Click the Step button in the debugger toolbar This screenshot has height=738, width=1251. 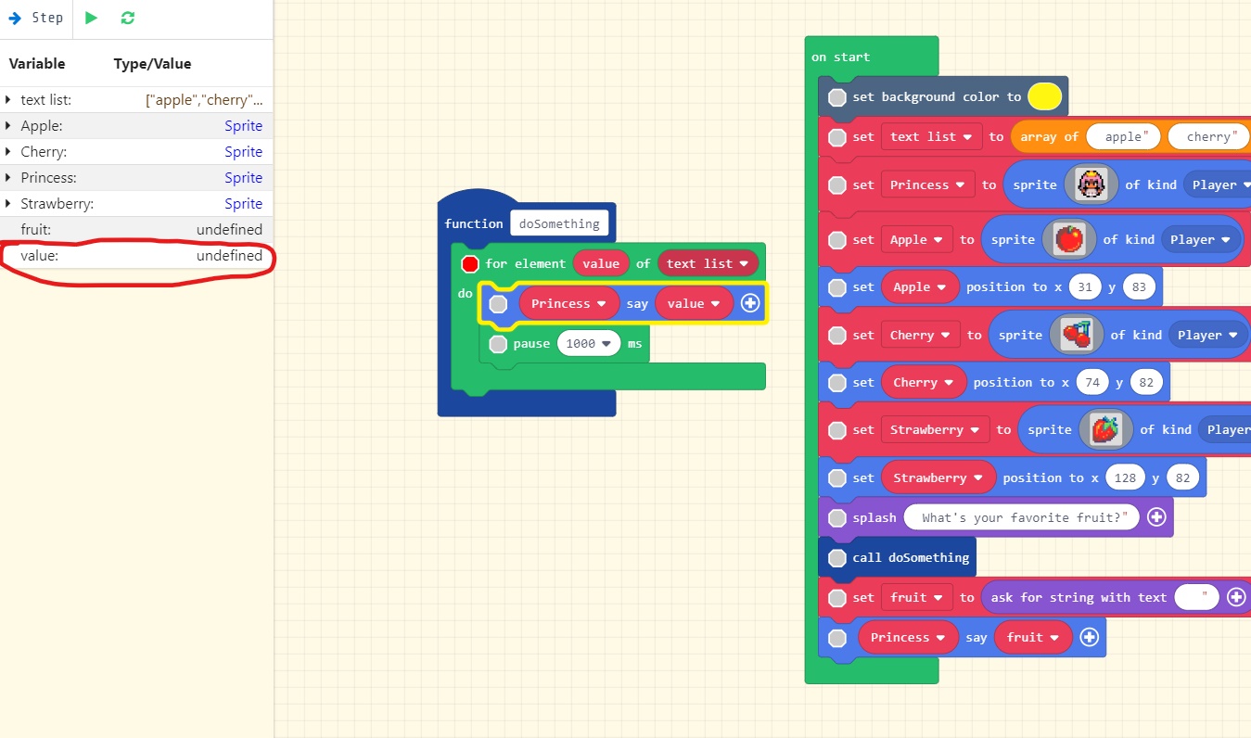pos(36,18)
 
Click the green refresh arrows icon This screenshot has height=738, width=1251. pos(127,18)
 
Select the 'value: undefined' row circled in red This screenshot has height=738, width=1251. pos(137,255)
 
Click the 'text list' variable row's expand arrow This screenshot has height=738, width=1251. pos(8,99)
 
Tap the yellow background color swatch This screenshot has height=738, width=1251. pos(1044,96)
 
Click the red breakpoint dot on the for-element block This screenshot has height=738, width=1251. pos(469,264)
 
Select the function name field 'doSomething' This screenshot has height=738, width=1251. pos(558,223)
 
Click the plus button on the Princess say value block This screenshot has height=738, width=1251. pos(750,303)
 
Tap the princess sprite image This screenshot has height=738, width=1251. pos(1091,184)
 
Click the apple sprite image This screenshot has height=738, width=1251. pos(1068,239)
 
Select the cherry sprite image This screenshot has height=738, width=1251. pos(1076,335)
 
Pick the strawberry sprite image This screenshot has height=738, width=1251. pos(1105,429)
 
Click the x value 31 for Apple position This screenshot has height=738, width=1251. pos(1085,286)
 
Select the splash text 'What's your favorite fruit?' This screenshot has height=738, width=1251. pos(1021,517)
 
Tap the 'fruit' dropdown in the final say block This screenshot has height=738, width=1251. pos(1032,637)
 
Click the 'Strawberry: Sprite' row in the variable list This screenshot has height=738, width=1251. pos(137,203)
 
